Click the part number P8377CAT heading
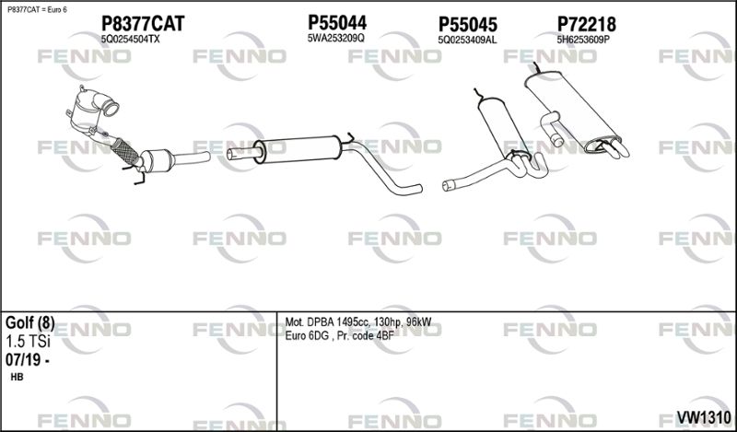click(x=143, y=24)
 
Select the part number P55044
click(x=337, y=22)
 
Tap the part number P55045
click(x=468, y=25)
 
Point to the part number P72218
click(x=586, y=24)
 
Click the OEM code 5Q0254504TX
click(x=130, y=40)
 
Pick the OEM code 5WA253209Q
click(x=335, y=39)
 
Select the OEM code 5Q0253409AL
click(x=467, y=41)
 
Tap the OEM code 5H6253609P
click(x=583, y=40)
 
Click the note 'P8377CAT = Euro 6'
click(x=37, y=9)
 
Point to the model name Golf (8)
click(x=30, y=323)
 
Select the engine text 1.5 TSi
click(x=28, y=342)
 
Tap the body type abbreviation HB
click(x=17, y=377)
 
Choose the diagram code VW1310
click(x=704, y=416)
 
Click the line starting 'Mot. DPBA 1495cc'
click(x=358, y=322)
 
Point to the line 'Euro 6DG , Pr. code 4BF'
click(x=339, y=335)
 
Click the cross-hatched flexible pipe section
click(x=125, y=151)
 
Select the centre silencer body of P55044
click(x=297, y=149)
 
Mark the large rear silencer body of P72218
click(x=572, y=111)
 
